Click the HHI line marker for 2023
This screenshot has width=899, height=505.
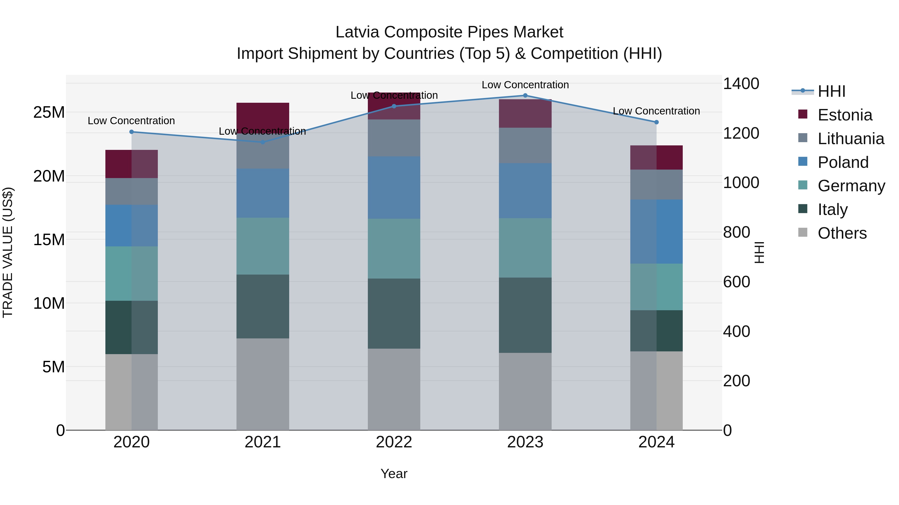[x=525, y=96]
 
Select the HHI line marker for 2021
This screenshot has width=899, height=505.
[x=263, y=142]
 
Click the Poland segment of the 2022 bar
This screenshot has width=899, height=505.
[x=394, y=188]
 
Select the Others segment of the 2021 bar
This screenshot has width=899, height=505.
[x=263, y=384]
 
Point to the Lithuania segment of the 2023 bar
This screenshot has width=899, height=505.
[x=525, y=145]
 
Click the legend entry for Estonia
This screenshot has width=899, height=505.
[x=845, y=115]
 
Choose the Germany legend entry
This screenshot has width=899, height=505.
[x=851, y=186]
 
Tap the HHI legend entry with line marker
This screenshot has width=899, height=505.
[x=831, y=91]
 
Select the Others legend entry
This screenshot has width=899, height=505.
[x=842, y=233]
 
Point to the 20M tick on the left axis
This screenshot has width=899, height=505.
[x=49, y=176]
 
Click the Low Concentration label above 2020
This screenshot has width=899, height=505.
[x=131, y=121]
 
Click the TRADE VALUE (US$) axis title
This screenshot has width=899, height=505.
[x=8, y=252]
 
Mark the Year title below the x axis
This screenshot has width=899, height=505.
[x=394, y=474]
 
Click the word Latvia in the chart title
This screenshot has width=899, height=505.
[x=357, y=32]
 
